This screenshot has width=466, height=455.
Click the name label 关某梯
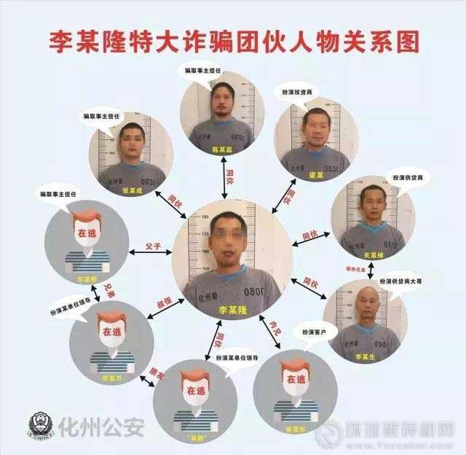coord(370,255)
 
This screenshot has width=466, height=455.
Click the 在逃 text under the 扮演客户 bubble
coord(295,380)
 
